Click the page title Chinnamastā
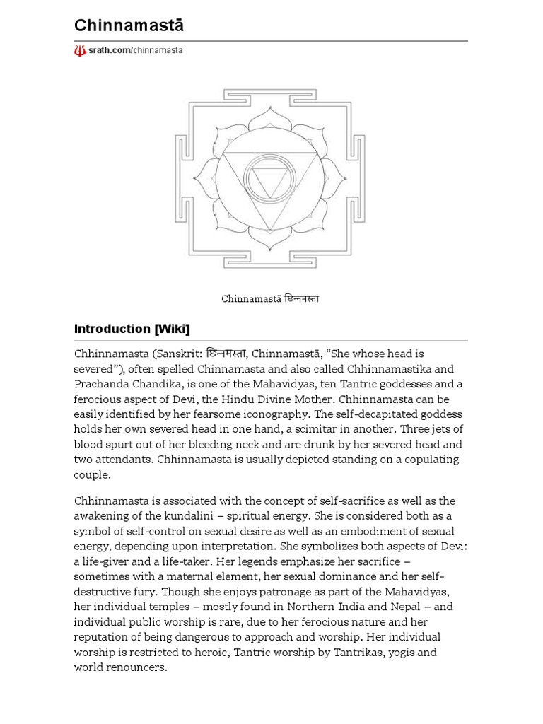(x=129, y=25)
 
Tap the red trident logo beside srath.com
(x=80, y=51)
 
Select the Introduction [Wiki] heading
(x=132, y=329)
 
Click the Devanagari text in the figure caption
(x=301, y=298)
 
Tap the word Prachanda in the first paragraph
(x=101, y=384)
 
